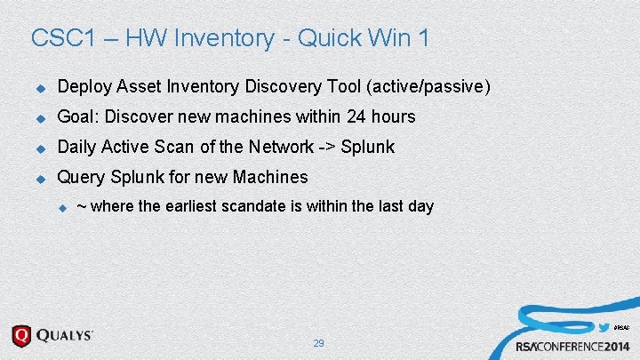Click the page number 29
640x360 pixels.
pos(318,343)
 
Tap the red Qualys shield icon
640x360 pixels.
pos(22,337)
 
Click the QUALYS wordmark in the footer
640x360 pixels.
pos(65,336)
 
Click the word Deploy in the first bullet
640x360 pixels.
pos(82,87)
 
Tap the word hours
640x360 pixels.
pos(394,117)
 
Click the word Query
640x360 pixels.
pos(80,177)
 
